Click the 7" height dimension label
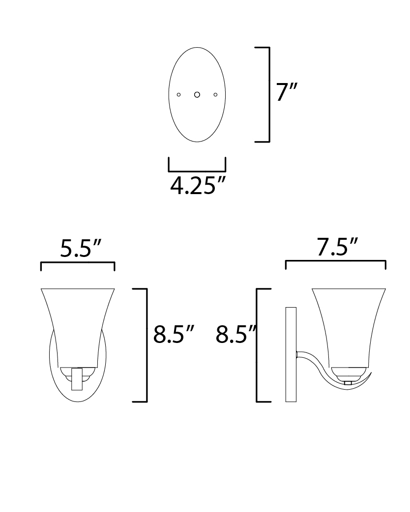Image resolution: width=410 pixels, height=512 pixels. [x=287, y=92]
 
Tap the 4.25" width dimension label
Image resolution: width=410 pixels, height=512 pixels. [x=198, y=186]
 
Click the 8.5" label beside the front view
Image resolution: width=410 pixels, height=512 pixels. [x=174, y=334]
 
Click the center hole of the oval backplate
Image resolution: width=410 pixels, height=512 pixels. [x=197, y=95]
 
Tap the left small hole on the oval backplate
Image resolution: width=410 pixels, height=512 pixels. [x=179, y=95]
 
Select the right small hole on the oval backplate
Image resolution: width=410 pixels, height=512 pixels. [x=215, y=95]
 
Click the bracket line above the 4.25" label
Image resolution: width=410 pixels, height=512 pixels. [x=197, y=171]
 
